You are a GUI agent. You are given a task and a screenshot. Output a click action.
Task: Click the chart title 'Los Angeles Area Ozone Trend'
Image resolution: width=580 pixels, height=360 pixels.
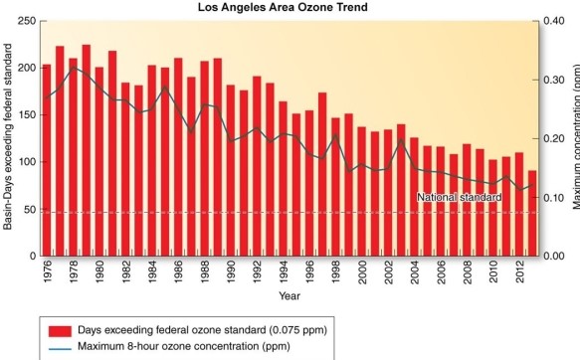(287, 8)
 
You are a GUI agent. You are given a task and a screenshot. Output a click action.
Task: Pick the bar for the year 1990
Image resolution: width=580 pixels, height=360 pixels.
(231, 170)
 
